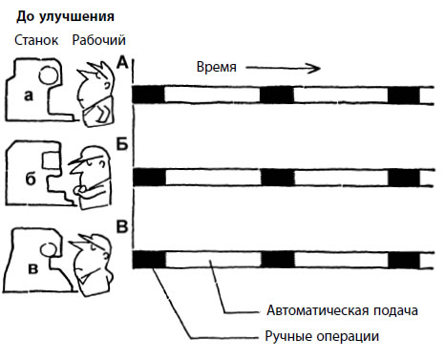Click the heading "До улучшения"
click(x=65, y=16)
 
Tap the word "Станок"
click(x=36, y=40)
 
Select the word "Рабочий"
click(x=98, y=40)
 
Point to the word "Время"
click(x=217, y=67)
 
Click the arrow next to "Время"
click(x=283, y=68)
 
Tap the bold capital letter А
click(x=122, y=63)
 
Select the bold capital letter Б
click(x=122, y=144)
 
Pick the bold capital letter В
click(x=122, y=227)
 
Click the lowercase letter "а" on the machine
click(x=29, y=95)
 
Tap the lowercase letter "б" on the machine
click(x=31, y=179)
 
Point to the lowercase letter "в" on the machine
click(x=32, y=268)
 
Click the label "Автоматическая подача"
click(x=342, y=310)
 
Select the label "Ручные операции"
click(x=322, y=336)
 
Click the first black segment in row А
click(x=148, y=95)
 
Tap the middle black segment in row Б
click(x=278, y=178)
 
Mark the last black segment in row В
click(x=404, y=261)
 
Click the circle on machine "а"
click(x=49, y=75)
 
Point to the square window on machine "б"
click(x=51, y=160)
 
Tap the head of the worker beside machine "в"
click(x=93, y=260)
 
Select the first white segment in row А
click(x=212, y=95)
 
